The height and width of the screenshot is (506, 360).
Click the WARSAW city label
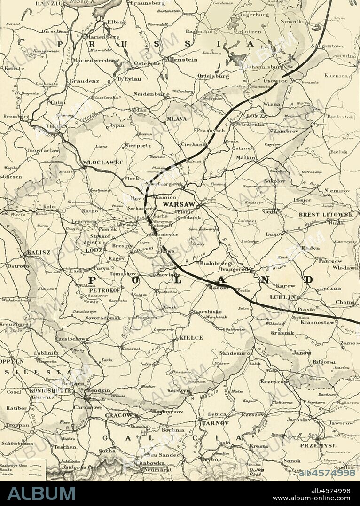tap(178, 205)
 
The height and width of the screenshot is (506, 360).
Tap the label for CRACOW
tap(118, 415)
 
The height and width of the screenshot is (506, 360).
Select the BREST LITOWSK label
tap(325, 215)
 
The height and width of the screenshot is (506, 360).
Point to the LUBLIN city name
tap(282, 297)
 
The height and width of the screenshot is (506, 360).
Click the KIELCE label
tap(191, 337)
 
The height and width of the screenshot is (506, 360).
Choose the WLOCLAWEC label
tap(102, 162)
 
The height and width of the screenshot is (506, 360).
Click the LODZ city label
tap(94, 251)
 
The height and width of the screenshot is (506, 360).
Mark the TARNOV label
tap(215, 423)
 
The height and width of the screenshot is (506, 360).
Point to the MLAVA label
tap(176, 119)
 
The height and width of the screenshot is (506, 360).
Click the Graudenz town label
tap(84, 81)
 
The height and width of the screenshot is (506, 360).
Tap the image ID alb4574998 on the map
tap(327, 473)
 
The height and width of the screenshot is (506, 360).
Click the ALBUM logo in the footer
tap(41, 493)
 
